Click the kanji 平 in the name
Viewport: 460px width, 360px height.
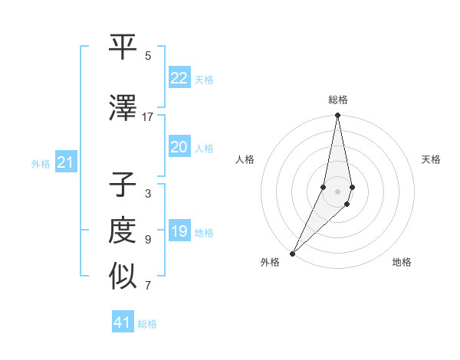(123, 47)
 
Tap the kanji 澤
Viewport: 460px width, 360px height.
(123, 109)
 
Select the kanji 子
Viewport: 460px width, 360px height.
(123, 185)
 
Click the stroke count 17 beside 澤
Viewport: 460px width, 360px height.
(148, 117)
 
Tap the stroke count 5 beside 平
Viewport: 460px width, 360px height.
(148, 56)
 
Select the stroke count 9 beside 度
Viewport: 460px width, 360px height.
(148, 240)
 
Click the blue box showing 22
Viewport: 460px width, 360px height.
(179, 78)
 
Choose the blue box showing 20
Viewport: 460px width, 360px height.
(179, 147)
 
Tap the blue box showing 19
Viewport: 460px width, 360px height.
(179, 231)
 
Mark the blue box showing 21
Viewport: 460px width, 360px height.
(66, 162)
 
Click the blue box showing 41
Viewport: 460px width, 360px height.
(123, 322)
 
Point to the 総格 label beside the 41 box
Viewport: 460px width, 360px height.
(147, 324)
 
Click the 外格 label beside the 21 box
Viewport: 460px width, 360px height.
(41, 163)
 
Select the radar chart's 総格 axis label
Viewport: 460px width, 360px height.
(338, 100)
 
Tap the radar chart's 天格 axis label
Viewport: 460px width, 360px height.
(432, 159)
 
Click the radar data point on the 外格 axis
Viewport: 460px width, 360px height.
(293, 253)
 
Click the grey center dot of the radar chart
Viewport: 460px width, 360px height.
(338, 191)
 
